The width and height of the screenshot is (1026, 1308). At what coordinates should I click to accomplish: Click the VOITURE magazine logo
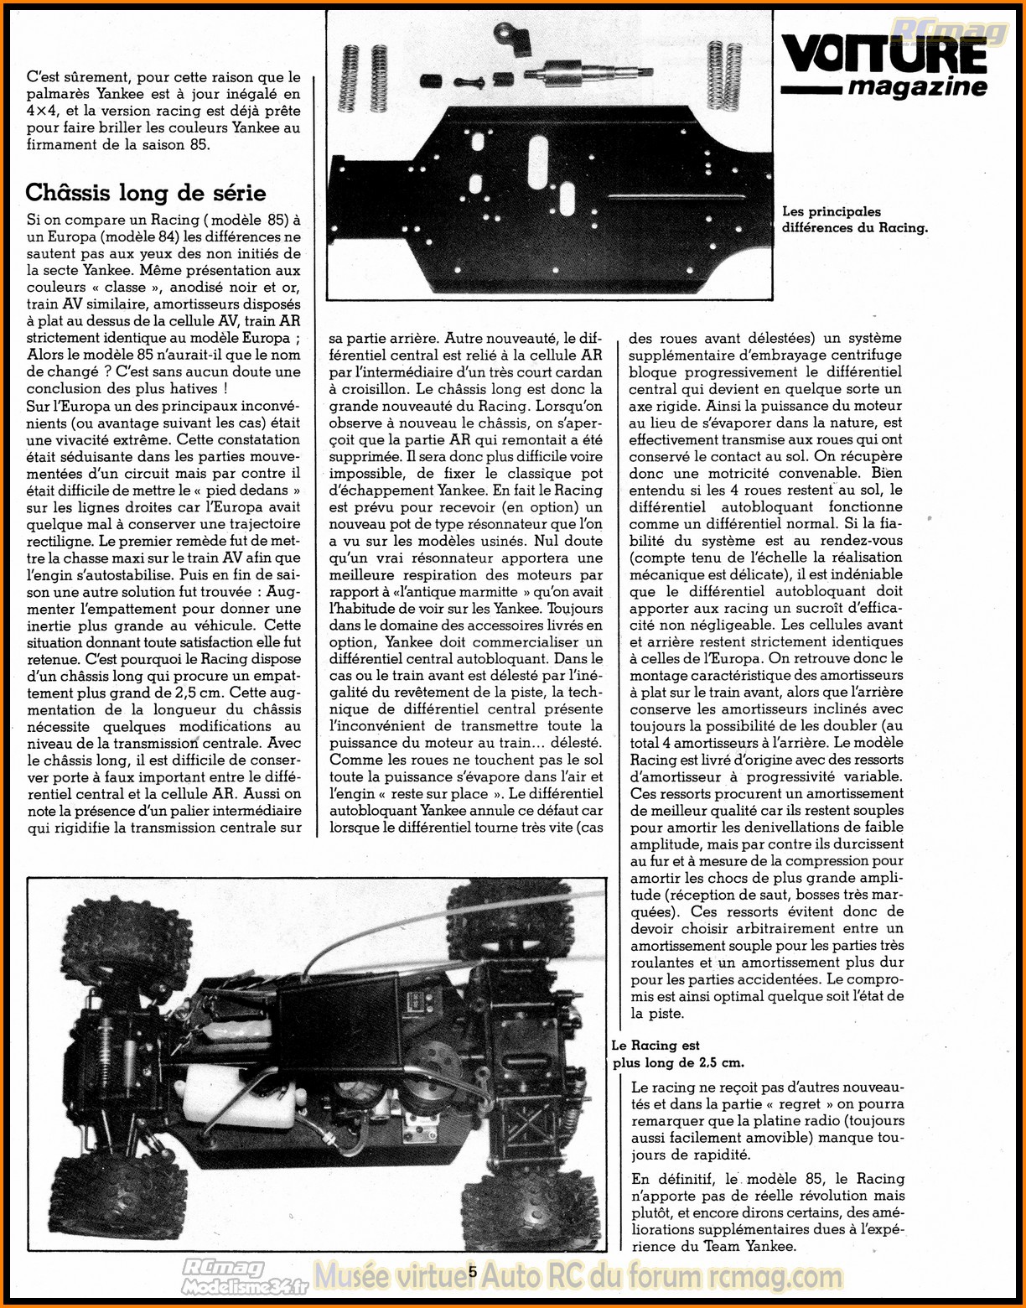click(x=884, y=66)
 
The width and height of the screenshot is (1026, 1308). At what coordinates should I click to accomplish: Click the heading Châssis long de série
click(x=145, y=193)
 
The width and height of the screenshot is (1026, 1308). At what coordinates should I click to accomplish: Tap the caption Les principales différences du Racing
click(x=854, y=220)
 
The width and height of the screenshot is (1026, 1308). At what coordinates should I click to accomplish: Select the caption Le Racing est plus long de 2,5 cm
click(x=677, y=1054)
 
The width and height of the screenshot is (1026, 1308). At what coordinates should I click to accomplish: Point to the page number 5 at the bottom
click(x=473, y=1271)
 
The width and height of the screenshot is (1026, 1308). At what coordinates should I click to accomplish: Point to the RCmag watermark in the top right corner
click(x=950, y=32)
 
